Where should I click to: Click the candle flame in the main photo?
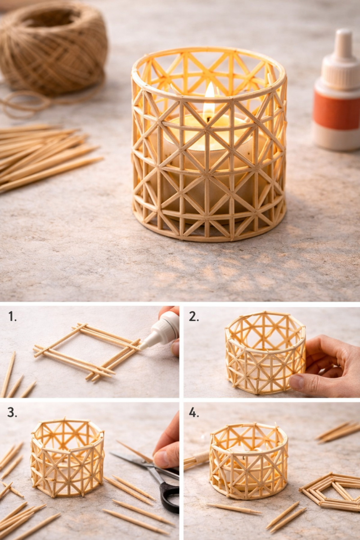(x=209, y=101)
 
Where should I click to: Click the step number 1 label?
(x=13, y=316)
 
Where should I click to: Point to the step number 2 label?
(x=193, y=316)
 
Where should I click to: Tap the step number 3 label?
(x=13, y=412)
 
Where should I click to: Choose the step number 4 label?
(x=193, y=412)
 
